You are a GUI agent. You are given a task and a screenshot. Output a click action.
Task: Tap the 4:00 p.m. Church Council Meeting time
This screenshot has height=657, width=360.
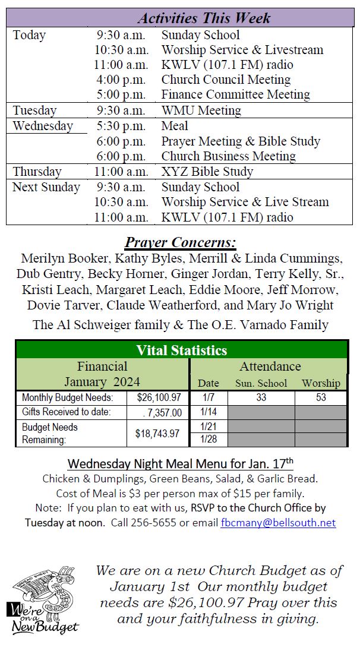[x=121, y=80]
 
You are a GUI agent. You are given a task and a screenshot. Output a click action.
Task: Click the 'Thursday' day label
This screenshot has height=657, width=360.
[x=37, y=172]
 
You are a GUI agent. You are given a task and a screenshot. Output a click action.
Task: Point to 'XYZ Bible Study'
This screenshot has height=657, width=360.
[x=207, y=172]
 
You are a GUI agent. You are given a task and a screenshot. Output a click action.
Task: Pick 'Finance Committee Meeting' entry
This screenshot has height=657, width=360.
[x=235, y=95]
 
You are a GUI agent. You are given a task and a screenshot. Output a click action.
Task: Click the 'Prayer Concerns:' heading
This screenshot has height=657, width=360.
[x=180, y=243]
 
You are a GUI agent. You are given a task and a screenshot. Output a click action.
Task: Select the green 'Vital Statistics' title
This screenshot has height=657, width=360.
[x=181, y=350]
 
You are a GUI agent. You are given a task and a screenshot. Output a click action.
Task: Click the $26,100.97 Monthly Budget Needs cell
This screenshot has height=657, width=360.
[x=159, y=397]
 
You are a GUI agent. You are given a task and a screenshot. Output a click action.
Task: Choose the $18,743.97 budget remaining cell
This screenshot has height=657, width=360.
[x=157, y=434]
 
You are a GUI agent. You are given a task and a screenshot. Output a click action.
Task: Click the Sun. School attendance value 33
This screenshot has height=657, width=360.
[x=261, y=397]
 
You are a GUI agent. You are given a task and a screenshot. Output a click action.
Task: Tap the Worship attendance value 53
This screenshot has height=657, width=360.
[x=321, y=397]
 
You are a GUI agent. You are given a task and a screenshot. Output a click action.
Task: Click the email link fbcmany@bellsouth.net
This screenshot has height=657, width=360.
[x=278, y=523]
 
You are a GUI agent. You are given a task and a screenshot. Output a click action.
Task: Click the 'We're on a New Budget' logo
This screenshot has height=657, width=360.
[x=43, y=600]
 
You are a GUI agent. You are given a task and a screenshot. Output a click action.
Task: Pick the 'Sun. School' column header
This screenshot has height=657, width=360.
[x=261, y=383]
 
